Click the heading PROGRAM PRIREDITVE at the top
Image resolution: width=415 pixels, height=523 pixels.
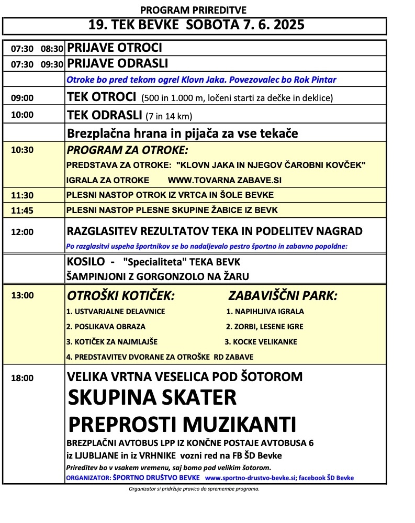[194, 10]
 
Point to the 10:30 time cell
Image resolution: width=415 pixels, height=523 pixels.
[22, 149]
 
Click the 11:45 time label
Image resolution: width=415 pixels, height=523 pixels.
[22, 210]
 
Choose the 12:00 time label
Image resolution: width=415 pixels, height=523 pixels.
[22, 231]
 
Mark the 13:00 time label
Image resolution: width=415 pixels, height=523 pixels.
[22, 295]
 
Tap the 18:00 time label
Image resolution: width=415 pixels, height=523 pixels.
[22, 377]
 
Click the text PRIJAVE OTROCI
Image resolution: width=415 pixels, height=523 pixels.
[115, 48]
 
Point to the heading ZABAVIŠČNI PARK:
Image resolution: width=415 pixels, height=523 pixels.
[283, 296]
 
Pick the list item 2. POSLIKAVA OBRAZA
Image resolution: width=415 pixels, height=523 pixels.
[106, 327]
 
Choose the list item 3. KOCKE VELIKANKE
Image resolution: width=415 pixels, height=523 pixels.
[261, 342]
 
